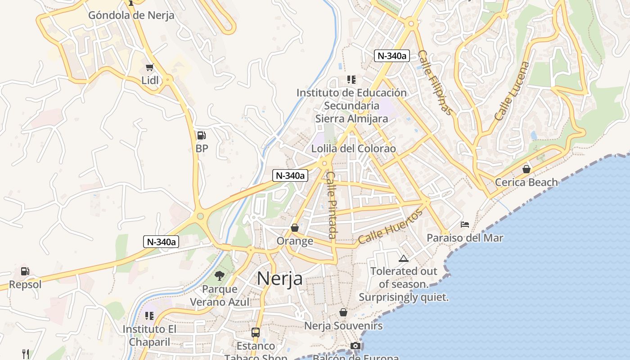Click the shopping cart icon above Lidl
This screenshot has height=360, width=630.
coord(150,67)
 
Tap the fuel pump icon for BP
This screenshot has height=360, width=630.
coord(202,135)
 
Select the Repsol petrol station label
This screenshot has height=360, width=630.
coord(25,284)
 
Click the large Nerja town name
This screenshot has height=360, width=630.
coord(279,279)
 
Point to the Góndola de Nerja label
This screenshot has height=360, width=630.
coord(131,15)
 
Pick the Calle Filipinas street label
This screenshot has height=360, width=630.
coord(434,82)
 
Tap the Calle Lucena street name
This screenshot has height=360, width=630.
coord(512,91)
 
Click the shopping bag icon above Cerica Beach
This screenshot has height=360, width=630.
coord(526,169)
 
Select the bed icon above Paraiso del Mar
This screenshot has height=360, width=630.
coord(465,224)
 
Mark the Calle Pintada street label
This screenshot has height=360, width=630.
coord(332,205)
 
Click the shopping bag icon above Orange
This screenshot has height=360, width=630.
coord(295,228)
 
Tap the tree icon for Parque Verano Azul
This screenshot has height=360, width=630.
coord(220,275)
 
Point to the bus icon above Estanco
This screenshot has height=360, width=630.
coord(256,333)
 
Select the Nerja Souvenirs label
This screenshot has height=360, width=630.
coord(343,325)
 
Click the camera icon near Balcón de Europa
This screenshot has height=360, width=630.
coord(355,346)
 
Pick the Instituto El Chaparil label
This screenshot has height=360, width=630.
coord(150,335)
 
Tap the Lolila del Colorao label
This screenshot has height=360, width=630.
coord(354,148)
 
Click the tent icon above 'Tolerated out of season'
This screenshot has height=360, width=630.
coord(403,258)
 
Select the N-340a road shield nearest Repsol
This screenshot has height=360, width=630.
coord(161,242)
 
